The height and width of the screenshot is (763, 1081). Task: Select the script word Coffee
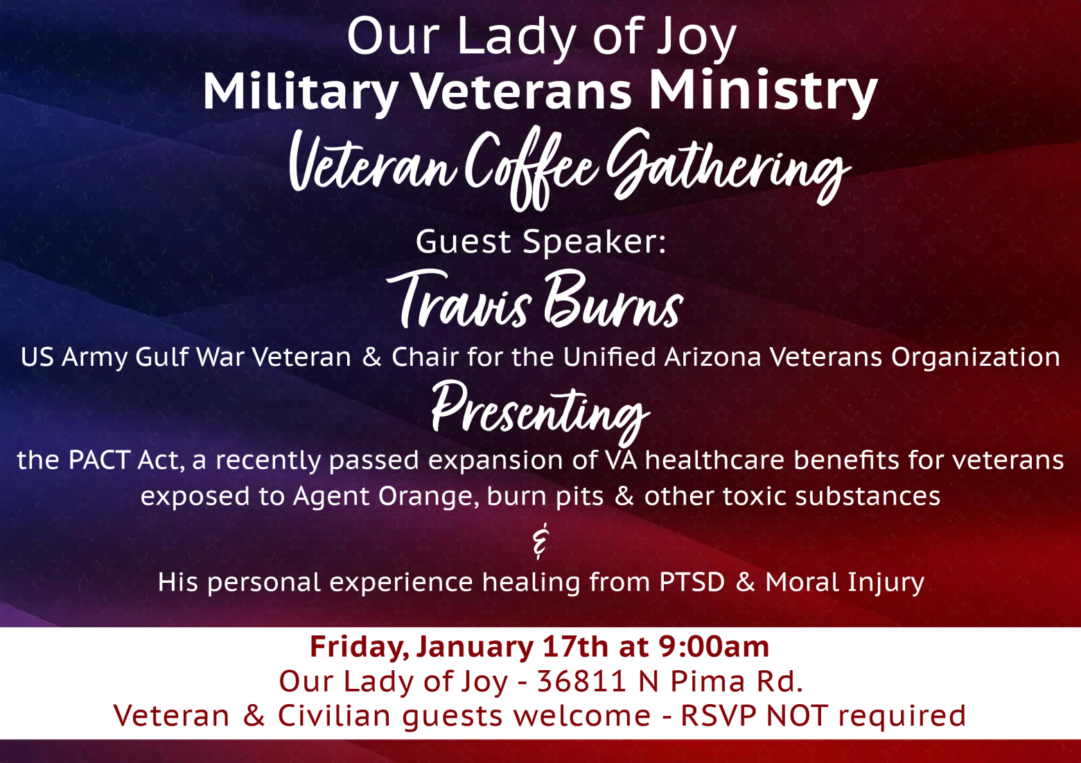531,169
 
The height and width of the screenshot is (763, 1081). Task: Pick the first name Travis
459,299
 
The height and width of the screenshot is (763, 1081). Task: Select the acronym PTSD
692,582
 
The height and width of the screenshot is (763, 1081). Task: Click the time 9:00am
714,647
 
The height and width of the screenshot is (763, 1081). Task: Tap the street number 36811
582,681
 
